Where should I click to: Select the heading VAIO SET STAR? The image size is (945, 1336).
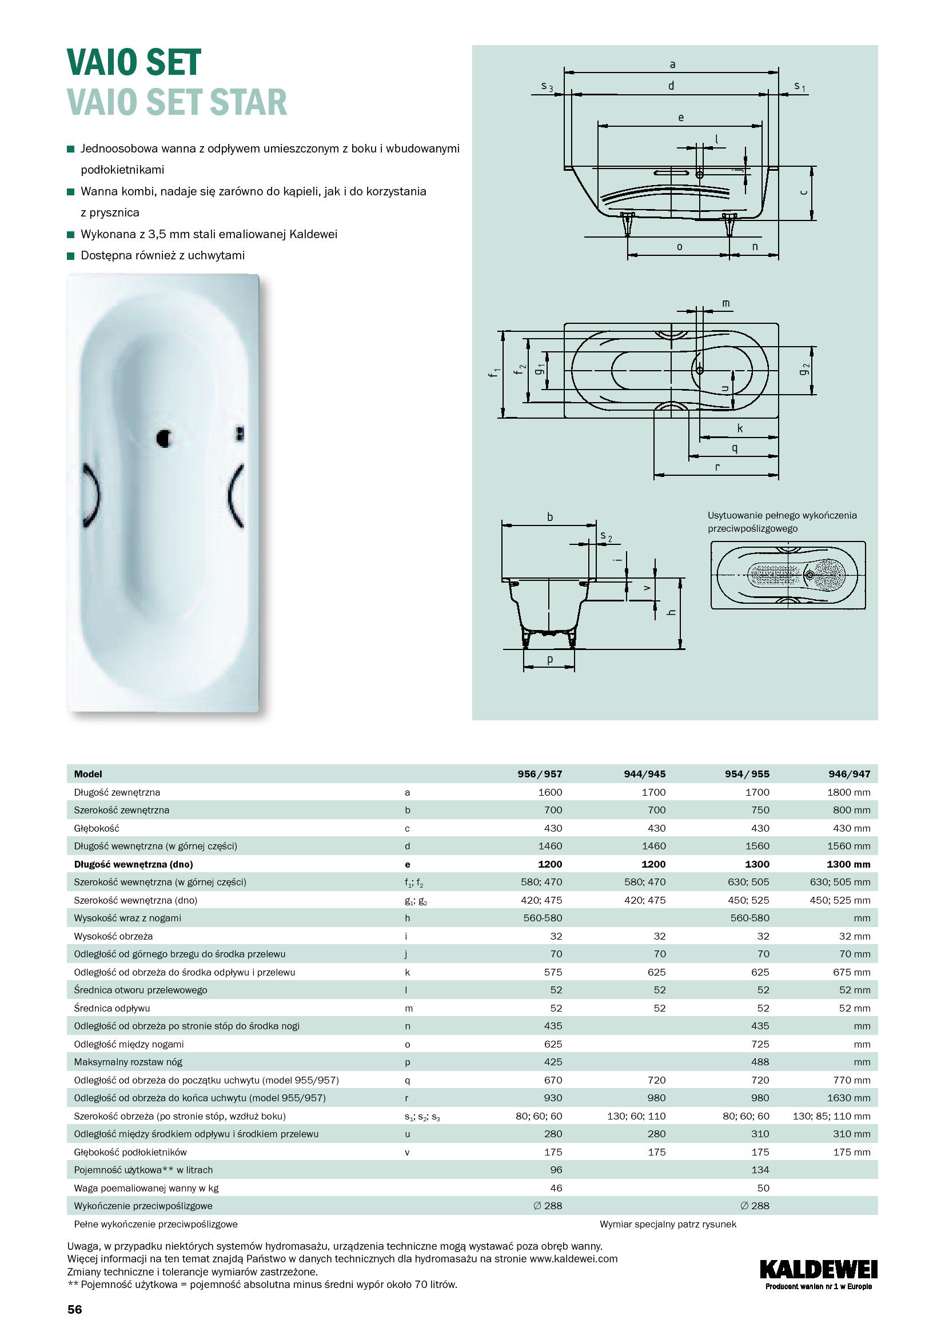(177, 102)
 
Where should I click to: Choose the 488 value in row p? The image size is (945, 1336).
(760, 1062)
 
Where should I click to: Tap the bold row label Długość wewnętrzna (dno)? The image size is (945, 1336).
(133, 864)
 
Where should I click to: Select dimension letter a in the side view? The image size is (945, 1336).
(672, 64)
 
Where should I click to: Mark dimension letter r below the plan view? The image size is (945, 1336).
(717, 467)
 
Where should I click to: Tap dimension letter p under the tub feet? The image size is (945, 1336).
(549, 659)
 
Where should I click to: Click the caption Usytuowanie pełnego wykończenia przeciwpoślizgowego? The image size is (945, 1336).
(782, 522)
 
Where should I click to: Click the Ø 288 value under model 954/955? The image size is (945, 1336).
(756, 1206)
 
